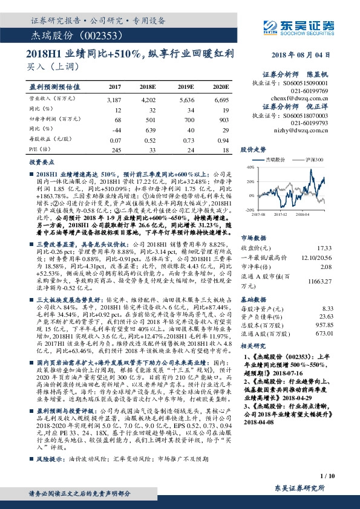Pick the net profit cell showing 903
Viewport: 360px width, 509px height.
tap(221, 119)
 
